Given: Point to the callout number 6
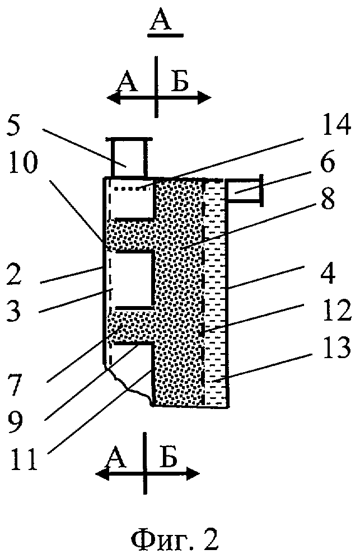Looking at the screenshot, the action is pos(326,162).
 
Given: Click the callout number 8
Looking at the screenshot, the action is pos(326,198).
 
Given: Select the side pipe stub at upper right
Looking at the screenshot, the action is pos(245,190).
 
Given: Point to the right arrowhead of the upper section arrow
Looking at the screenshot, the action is pos(205,97).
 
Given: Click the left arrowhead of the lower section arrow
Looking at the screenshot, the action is pos(102,474).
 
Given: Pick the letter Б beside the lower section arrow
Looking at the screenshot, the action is pos(168,457).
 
